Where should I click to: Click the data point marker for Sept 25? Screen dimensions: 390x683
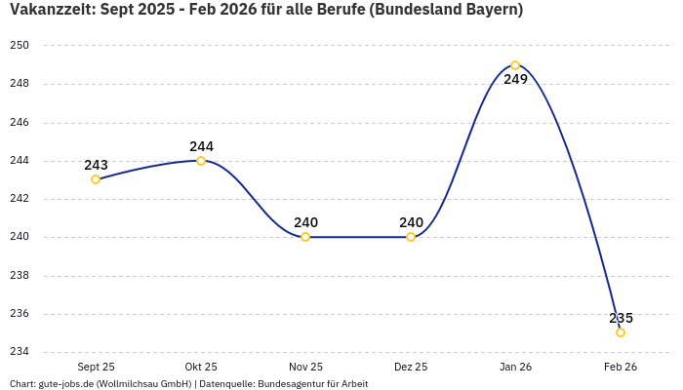pyautogui.click(x=96, y=179)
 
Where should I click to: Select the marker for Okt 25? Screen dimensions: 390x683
pyautogui.click(x=201, y=161)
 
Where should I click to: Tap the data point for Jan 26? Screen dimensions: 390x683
pyautogui.click(x=515, y=65)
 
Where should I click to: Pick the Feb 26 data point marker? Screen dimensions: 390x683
pyautogui.click(x=621, y=332)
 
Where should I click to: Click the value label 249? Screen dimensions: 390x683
pyautogui.click(x=515, y=79)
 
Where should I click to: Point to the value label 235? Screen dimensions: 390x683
pyautogui.click(x=621, y=318)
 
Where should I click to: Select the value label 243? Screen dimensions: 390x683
pyautogui.click(x=96, y=165)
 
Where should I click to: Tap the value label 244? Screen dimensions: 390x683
pyautogui.click(x=201, y=146)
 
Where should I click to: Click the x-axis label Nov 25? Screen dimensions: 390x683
pyautogui.click(x=305, y=367)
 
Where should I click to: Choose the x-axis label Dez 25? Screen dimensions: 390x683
pyautogui.click(x=411, y=367)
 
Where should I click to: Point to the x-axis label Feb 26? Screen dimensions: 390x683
pyautogui.click(x=621, y=367)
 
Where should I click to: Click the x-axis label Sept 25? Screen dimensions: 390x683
pyautogui.click(x=96, y=367)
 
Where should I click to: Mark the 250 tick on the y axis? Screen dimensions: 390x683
pyautogui.click(x=20, y=46)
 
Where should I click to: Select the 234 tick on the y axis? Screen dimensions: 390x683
pyautogui.click(x=20, y=352)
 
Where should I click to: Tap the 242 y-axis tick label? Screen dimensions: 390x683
pyautogui.click(x=20, y=199)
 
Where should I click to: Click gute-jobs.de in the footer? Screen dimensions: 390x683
pyautogui.click(x=71, y=384)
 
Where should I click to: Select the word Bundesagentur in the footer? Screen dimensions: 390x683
pyautogui.click(x=292, y=384)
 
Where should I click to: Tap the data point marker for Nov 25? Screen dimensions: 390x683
pyautogui.click(x=305, y=237)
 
